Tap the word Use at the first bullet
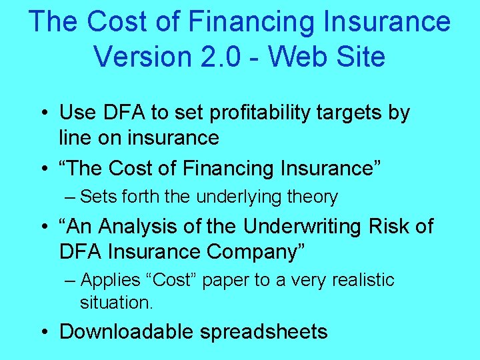click(x=77, y=113)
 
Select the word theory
click(x=313, y=197)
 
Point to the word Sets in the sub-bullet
click(x=99, y=197)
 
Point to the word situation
click(x=116, y=303)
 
